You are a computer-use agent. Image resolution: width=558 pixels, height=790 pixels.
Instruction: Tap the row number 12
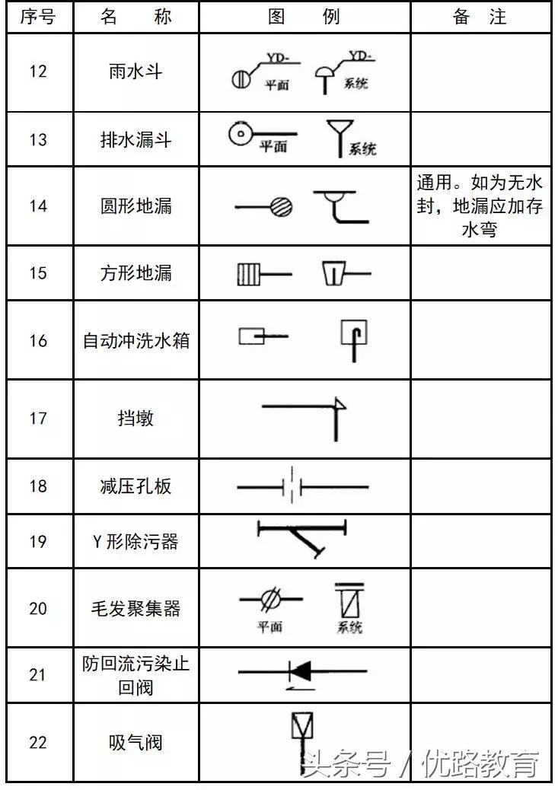[x=38, y=72]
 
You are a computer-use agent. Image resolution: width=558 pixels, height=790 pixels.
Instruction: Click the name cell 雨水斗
[x=136, y=72]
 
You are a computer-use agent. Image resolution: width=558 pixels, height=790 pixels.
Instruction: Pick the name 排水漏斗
[x=136, y=139]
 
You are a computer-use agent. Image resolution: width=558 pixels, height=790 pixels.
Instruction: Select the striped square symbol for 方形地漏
[x=248, y=273]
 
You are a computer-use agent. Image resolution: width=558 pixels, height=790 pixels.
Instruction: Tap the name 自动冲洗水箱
[x=136, y=339]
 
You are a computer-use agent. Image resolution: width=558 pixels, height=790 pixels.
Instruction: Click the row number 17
[x=38, y=418]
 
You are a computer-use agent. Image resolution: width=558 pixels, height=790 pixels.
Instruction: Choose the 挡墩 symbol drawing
[x=305, y=415]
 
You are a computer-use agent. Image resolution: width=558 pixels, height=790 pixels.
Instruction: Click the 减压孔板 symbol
[x=302, y=486]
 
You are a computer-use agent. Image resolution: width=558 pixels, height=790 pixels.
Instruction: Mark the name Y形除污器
[x=136, y=541]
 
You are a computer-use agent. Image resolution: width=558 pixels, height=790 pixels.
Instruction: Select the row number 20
[x=38, y=608]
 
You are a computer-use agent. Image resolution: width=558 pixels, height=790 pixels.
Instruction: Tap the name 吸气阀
[x=136, y=742]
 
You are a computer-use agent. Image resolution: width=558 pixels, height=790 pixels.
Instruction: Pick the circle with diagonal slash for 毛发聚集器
[x=269, y=600]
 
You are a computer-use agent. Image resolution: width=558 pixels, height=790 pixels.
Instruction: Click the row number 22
[x=38, y=742]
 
